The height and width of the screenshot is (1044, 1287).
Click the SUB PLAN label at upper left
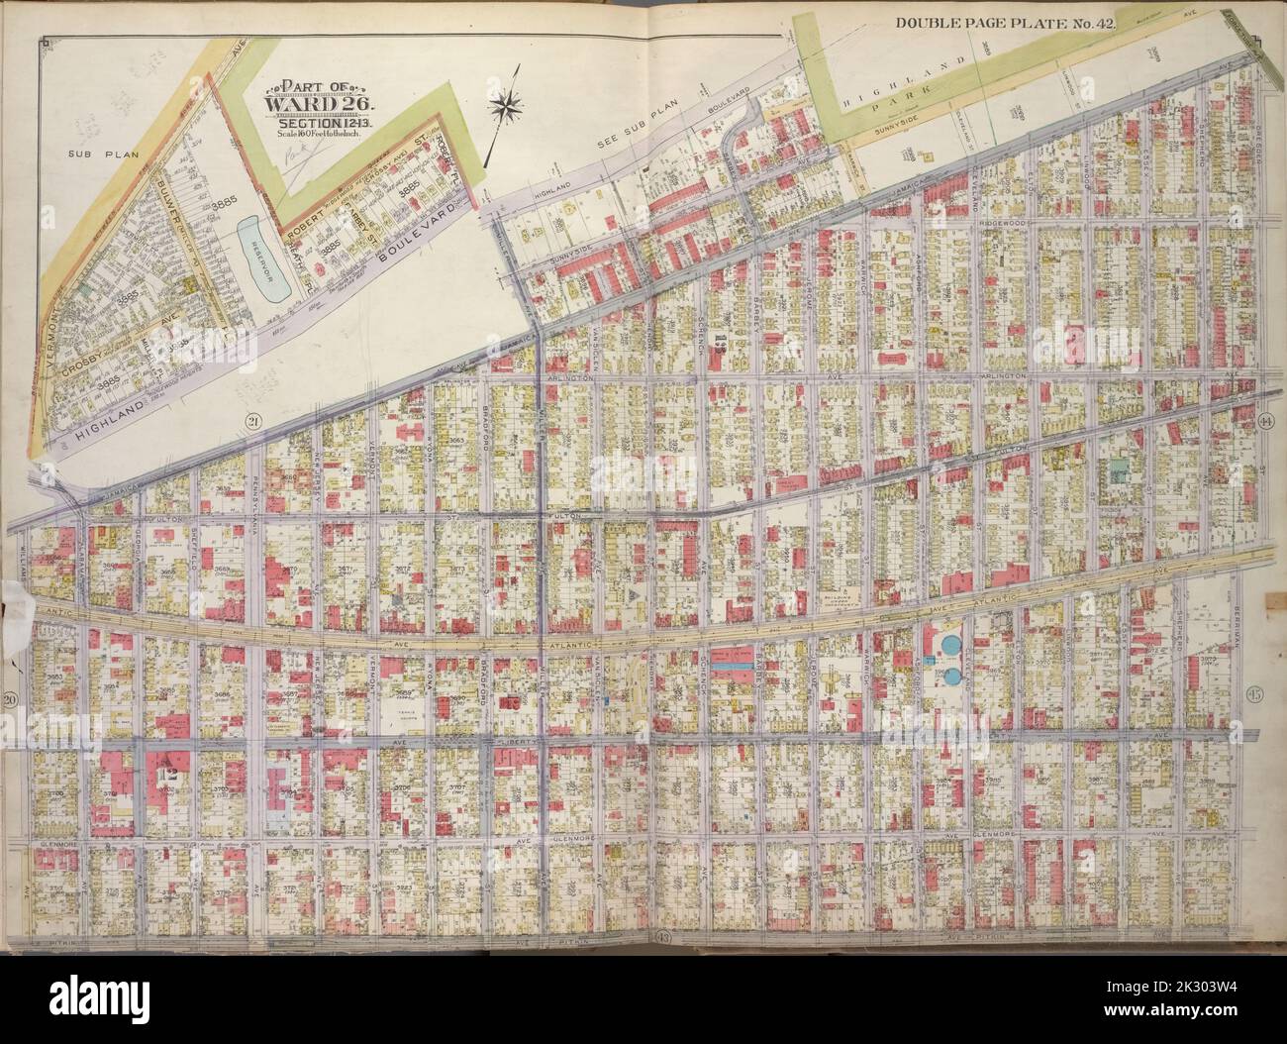[x=89, y=155]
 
